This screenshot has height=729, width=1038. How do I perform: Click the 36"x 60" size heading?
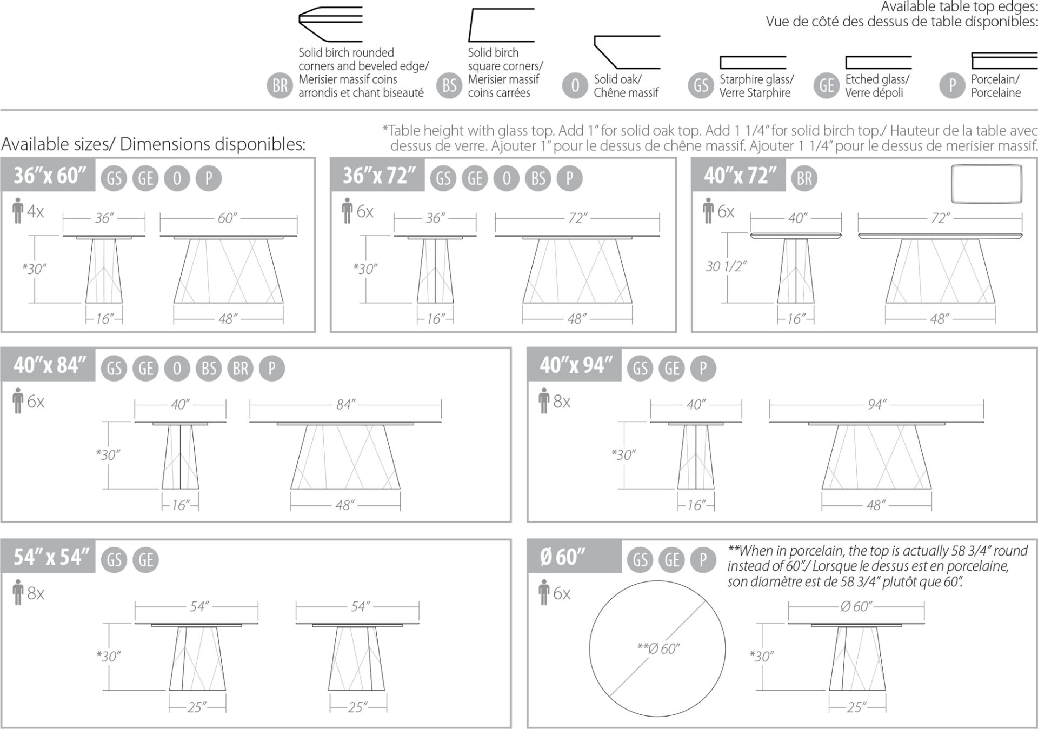tap(49, 176)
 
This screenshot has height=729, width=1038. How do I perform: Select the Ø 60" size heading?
tap(562, 557)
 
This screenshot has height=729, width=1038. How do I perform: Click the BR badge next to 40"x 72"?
tap(804, 178)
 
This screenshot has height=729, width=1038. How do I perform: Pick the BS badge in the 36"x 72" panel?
tap(538, 178)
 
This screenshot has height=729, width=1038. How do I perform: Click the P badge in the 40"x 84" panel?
tap(271, 369)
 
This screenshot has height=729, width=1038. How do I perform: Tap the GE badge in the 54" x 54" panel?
tap(146, 560)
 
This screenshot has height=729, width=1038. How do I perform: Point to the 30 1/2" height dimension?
tap(726, 266)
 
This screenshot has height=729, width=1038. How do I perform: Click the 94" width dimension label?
tap(876, 405)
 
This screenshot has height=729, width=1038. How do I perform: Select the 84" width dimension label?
tap(345, 405)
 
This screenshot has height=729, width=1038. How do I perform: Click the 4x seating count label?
tap(35, 212)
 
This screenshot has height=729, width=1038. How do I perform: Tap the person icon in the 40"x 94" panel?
tap(544, 402)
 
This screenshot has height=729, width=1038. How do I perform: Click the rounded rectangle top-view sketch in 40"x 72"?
tap(987, 184)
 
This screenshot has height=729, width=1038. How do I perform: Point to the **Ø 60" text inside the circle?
tap(658, 648)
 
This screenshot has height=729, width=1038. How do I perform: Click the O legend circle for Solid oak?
tap(575, 85)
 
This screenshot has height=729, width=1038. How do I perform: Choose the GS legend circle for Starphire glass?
tap(701, 85)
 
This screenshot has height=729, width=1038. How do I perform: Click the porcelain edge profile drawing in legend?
tap(1004, 59)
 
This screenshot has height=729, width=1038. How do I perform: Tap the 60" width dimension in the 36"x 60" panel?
tap(228, 218)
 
